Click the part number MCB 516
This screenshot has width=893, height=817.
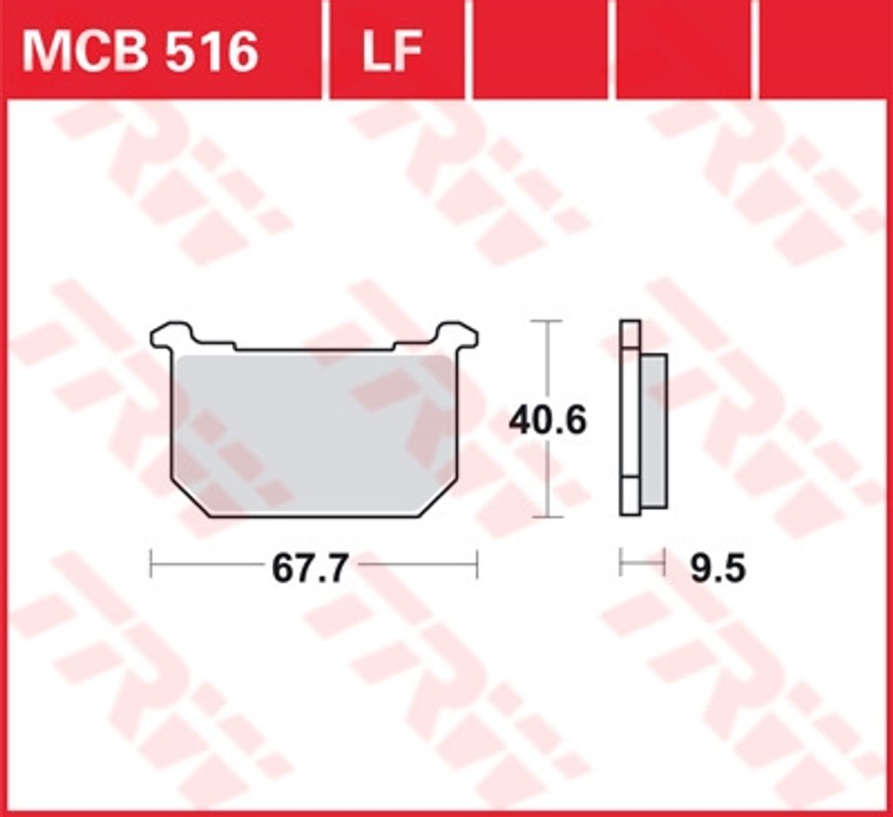click(x=140, y=51)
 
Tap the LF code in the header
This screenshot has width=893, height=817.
click(x=392, y=51)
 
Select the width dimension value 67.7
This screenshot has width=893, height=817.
click(x=310, y=568)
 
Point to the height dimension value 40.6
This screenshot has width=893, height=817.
click(x=548, y=420)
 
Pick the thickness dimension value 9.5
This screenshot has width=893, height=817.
click(x=718, y=568)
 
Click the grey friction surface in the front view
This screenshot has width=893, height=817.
click(x=314, y=432)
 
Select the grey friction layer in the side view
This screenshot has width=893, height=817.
click(x=654, y=431)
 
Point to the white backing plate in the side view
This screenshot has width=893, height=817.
click(x=631, y=419)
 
